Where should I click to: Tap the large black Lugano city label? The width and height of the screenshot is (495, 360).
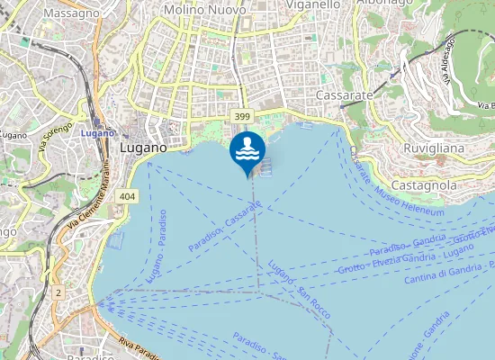(143, 147)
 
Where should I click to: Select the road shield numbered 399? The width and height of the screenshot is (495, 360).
(240, 117)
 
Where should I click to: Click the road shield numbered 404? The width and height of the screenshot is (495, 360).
(127, 196)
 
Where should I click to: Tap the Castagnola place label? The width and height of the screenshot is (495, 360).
(427, 184)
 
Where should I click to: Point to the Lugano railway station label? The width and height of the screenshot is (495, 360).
(94, 133)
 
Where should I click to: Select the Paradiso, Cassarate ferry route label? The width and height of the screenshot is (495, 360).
(224, 227)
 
